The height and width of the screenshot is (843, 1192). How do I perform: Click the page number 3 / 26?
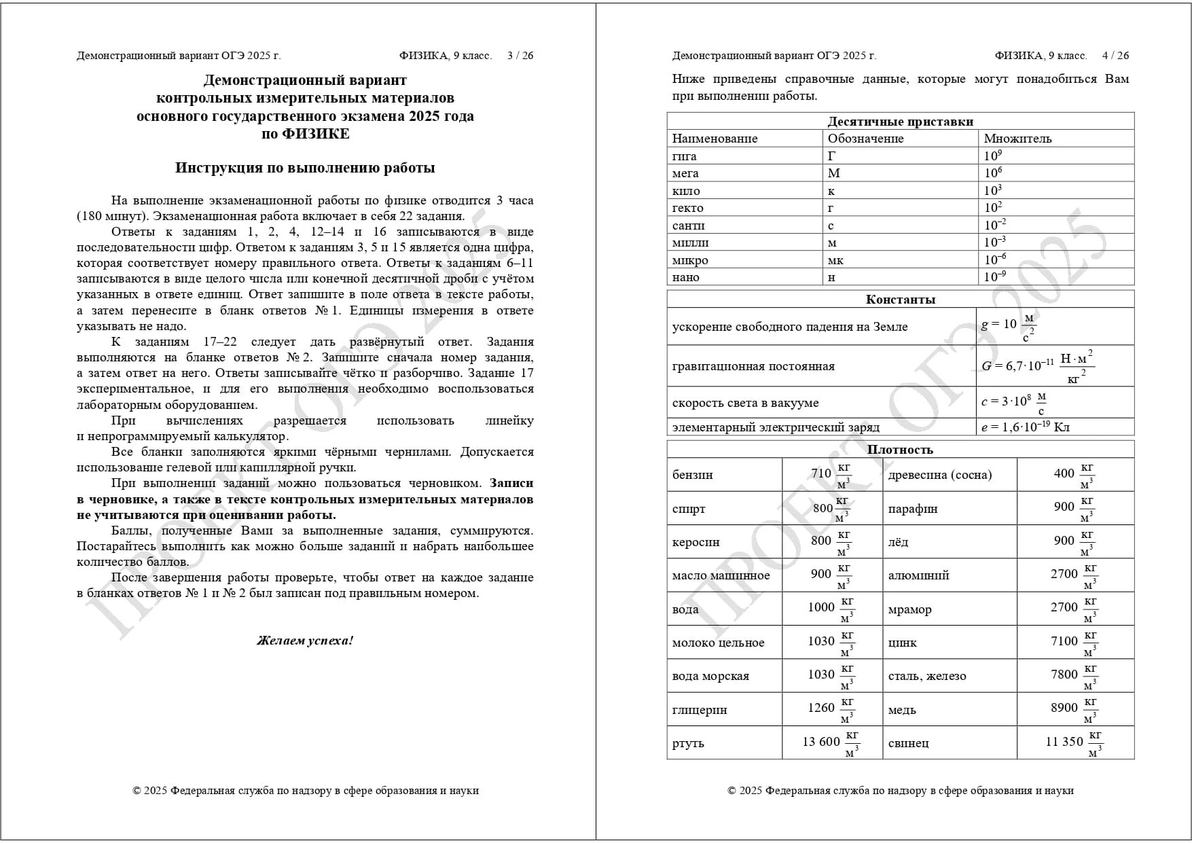point(520,56)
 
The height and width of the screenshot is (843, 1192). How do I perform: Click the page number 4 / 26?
point(1115,56)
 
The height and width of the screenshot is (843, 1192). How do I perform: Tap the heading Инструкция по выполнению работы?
point(305,168)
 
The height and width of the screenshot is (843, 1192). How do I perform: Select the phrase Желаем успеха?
point(305,641)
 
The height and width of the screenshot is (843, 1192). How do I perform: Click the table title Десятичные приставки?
point(900,122)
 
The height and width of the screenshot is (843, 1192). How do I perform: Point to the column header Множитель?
point(1017,139)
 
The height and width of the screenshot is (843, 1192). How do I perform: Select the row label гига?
point(684,156)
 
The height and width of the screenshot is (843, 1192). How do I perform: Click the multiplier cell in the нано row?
point(995,277)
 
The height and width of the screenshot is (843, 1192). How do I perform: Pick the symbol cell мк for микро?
point(835,260)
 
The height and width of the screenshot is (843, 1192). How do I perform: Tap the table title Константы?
point(900,300)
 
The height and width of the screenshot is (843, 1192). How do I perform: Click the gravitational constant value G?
point(1037,366)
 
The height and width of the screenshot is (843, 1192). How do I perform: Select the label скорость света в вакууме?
point(745,403)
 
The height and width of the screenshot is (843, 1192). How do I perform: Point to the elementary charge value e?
point(1025,427)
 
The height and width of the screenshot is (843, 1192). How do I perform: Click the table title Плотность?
point(900,450)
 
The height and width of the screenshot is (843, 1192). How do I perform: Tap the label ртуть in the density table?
point(688,743)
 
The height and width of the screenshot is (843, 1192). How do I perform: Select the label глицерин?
point(700,710)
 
